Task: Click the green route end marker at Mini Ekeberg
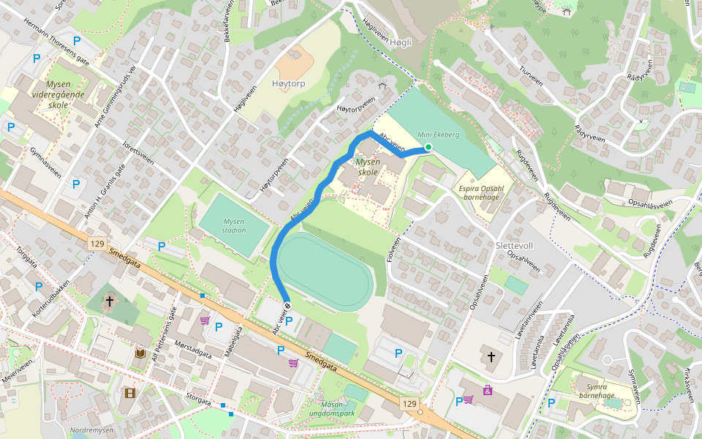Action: tap(428, 147)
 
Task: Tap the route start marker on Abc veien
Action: tap(287, 306)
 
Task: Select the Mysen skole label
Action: tap(366, 167)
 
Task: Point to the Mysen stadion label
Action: tap(235, 225)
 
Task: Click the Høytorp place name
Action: tap(288, 84)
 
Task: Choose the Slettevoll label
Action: tap(516, 245)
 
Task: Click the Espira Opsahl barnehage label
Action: tap(482, 192)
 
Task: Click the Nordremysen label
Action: tap(92, 430)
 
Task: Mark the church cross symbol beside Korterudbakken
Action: tap(110, 301)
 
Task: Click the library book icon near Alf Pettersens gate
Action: tap(140, 354)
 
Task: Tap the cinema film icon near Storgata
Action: tap(129, 393)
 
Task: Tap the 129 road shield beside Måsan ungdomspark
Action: tap(409, 403)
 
